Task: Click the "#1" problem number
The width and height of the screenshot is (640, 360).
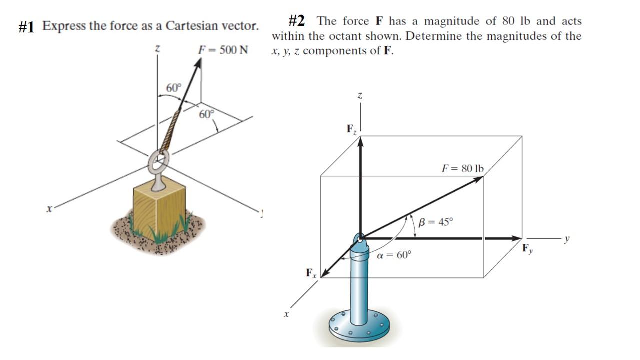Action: [26, 27]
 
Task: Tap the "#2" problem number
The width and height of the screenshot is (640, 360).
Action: [297, 21]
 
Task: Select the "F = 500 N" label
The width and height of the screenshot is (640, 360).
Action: [223, 50]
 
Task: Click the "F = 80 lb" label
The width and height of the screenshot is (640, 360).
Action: [462, 168]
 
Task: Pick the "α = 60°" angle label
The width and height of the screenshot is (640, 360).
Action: [394, 255]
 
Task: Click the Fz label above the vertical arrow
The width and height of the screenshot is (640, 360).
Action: [352, 129]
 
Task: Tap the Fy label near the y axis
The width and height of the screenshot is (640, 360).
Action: [527, 249]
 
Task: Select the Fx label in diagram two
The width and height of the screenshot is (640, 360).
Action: [311, 273]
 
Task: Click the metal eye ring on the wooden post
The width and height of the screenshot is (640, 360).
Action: [158, 161]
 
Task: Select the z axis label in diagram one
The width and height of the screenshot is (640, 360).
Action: [157, 49]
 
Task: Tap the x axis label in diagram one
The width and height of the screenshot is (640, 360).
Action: [48, 210]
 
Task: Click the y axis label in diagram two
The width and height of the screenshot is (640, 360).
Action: [567, 238]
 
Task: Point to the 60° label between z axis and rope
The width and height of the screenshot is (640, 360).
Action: [173, 88]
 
